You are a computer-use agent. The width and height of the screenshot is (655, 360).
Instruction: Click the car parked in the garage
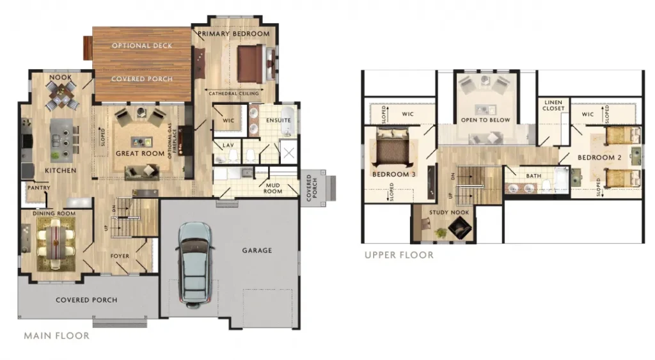tap(195, 264)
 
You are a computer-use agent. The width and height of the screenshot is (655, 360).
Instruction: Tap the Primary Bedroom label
tap(233, 34)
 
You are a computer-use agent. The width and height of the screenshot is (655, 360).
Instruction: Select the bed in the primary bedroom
tap(251, 64)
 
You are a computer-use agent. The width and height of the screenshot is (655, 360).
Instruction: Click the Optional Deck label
tap(142, 45)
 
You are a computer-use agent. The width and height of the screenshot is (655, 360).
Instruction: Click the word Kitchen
tap(61, 170)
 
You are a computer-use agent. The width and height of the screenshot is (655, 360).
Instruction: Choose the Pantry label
tap(39, 188)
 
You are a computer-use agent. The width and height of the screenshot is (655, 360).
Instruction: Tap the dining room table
tap(56, 242)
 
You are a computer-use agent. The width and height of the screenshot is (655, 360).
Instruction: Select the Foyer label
tap(120, 256)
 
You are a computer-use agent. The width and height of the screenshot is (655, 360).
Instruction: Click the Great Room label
tap(140, 153)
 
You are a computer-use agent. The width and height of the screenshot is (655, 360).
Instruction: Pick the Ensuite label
tap(278, 120)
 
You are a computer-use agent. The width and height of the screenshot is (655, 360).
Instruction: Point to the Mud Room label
tap(272, 189)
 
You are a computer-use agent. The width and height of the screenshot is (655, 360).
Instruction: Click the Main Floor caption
tap(56, 336)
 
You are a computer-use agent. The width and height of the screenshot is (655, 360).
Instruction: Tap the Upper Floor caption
tap(399, 255)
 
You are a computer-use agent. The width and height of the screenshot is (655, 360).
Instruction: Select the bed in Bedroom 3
tap(392, 146)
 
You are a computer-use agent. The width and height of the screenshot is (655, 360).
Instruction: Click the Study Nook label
tap(449, 212)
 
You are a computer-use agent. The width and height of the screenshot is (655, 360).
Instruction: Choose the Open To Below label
tap(485, 120)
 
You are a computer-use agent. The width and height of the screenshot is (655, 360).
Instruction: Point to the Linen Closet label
tap(553, 106)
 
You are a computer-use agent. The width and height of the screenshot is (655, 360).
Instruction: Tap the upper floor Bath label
tap(533, 176)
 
